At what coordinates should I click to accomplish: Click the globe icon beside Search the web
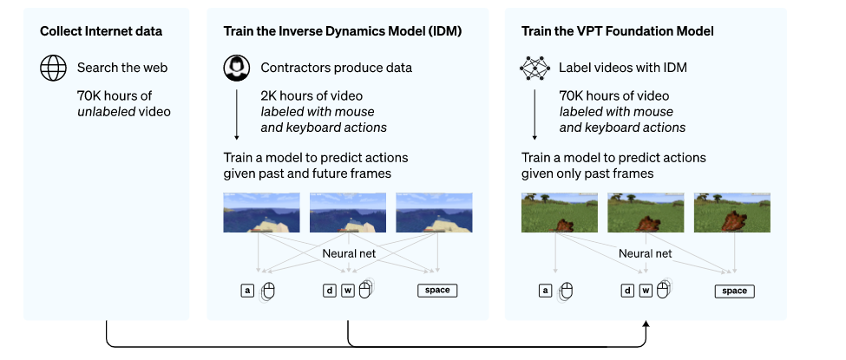[x=54, y=68]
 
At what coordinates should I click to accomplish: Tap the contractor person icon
[x=237, y=68]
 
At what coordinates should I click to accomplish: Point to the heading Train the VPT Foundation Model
[x=617, y=31]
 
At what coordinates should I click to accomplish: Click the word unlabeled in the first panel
[x=103, y=111]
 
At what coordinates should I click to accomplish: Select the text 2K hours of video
[x=312, y=95]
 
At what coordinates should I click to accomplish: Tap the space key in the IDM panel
[x=437, y=291]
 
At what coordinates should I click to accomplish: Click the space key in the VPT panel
[x=734, y=291]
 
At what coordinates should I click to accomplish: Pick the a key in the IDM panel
[x=248, y=291]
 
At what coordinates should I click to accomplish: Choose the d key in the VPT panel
[x=626, y=291]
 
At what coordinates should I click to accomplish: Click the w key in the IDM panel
[x=347, y=291]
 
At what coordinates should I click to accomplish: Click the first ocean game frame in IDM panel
[x=261, y=213]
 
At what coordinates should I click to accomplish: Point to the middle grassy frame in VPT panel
[x=645, y=213]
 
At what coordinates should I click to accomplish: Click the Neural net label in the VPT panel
[x=645, y=254]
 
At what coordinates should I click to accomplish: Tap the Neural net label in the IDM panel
[x=348, y=254]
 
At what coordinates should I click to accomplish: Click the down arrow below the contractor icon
[x=237, y=113]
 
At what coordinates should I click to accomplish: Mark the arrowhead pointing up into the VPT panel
[x=645, y=324]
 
